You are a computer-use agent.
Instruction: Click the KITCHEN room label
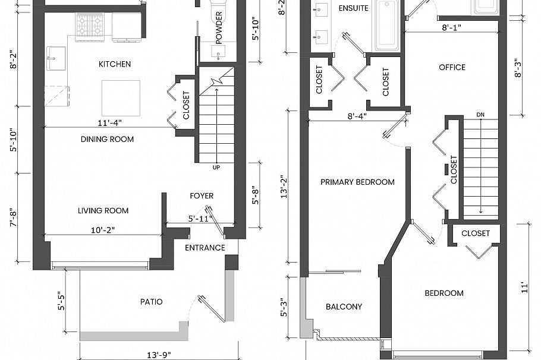click(115, 64)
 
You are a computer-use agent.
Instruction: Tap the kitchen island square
click(121, 98)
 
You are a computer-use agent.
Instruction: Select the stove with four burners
click(90, 26)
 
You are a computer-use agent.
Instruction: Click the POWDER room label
click(219, 36)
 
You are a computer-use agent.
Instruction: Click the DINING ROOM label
click(108, 140)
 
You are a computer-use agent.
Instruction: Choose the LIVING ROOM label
click(103, 211)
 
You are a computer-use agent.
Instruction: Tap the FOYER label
click(202, 196)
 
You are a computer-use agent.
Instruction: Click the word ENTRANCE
click(205, 248)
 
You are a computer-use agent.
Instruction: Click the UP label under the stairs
click(216, 168)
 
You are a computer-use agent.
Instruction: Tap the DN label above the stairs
click(480, 115)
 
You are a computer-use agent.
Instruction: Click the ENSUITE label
click(353, 8)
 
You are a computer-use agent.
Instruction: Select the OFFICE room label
click(452, 67)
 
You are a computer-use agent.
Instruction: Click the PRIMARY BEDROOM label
click(357, 182)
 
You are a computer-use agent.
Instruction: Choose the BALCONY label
click(344, 307)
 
